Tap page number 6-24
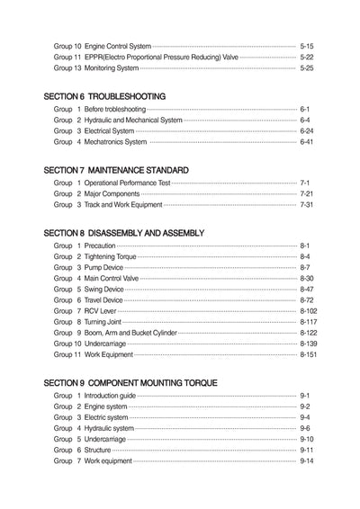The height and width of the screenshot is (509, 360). tap(306, 130)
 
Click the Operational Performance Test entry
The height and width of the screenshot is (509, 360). tap(127, 183)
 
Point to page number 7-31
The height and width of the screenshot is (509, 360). tap(306, 205)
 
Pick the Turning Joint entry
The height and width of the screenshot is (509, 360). tap(102, 322)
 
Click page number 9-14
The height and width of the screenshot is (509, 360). tap(306, 460)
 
